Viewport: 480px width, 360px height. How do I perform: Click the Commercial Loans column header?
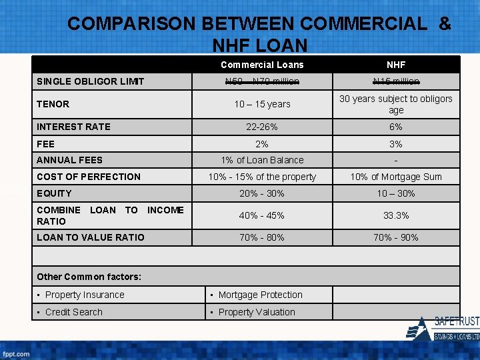[262, 65]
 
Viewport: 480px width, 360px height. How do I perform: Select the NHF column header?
[396, 65]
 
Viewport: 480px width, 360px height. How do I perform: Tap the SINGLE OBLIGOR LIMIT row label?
[90, 81]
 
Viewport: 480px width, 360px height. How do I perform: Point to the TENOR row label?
[53, 104]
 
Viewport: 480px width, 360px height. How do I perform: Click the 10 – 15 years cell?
[262, 104]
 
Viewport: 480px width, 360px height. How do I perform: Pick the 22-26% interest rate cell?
[262, 127]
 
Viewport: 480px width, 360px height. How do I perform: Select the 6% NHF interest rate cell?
[396, 127]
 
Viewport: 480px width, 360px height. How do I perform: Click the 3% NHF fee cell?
[396, 144]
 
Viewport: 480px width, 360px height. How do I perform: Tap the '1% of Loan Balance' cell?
[262, 160]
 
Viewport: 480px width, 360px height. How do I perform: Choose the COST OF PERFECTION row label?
[89, 177]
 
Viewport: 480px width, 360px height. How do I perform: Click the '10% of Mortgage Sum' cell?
[396, 177]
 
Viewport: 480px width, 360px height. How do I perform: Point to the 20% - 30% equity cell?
[262, 193]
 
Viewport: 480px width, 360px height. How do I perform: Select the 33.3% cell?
[396, 215]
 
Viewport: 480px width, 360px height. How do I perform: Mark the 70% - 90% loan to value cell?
[396, 237]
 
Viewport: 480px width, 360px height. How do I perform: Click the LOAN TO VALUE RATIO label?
[90, 237]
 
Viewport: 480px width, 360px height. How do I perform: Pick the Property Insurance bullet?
[85, 295]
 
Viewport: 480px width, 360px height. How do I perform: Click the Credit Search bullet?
[73, 312]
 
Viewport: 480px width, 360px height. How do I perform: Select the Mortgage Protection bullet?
[260, 295]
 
